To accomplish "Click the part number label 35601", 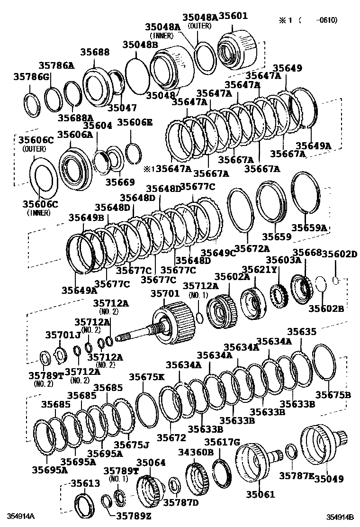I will tap(233, 17).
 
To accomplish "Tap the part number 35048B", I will tap(140, 45).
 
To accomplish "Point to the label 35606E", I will tap(135, 122).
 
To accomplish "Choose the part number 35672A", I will tap(252, 248).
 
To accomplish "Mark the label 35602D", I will tap(339, 254).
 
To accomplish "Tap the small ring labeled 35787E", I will tap(292, 452).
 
